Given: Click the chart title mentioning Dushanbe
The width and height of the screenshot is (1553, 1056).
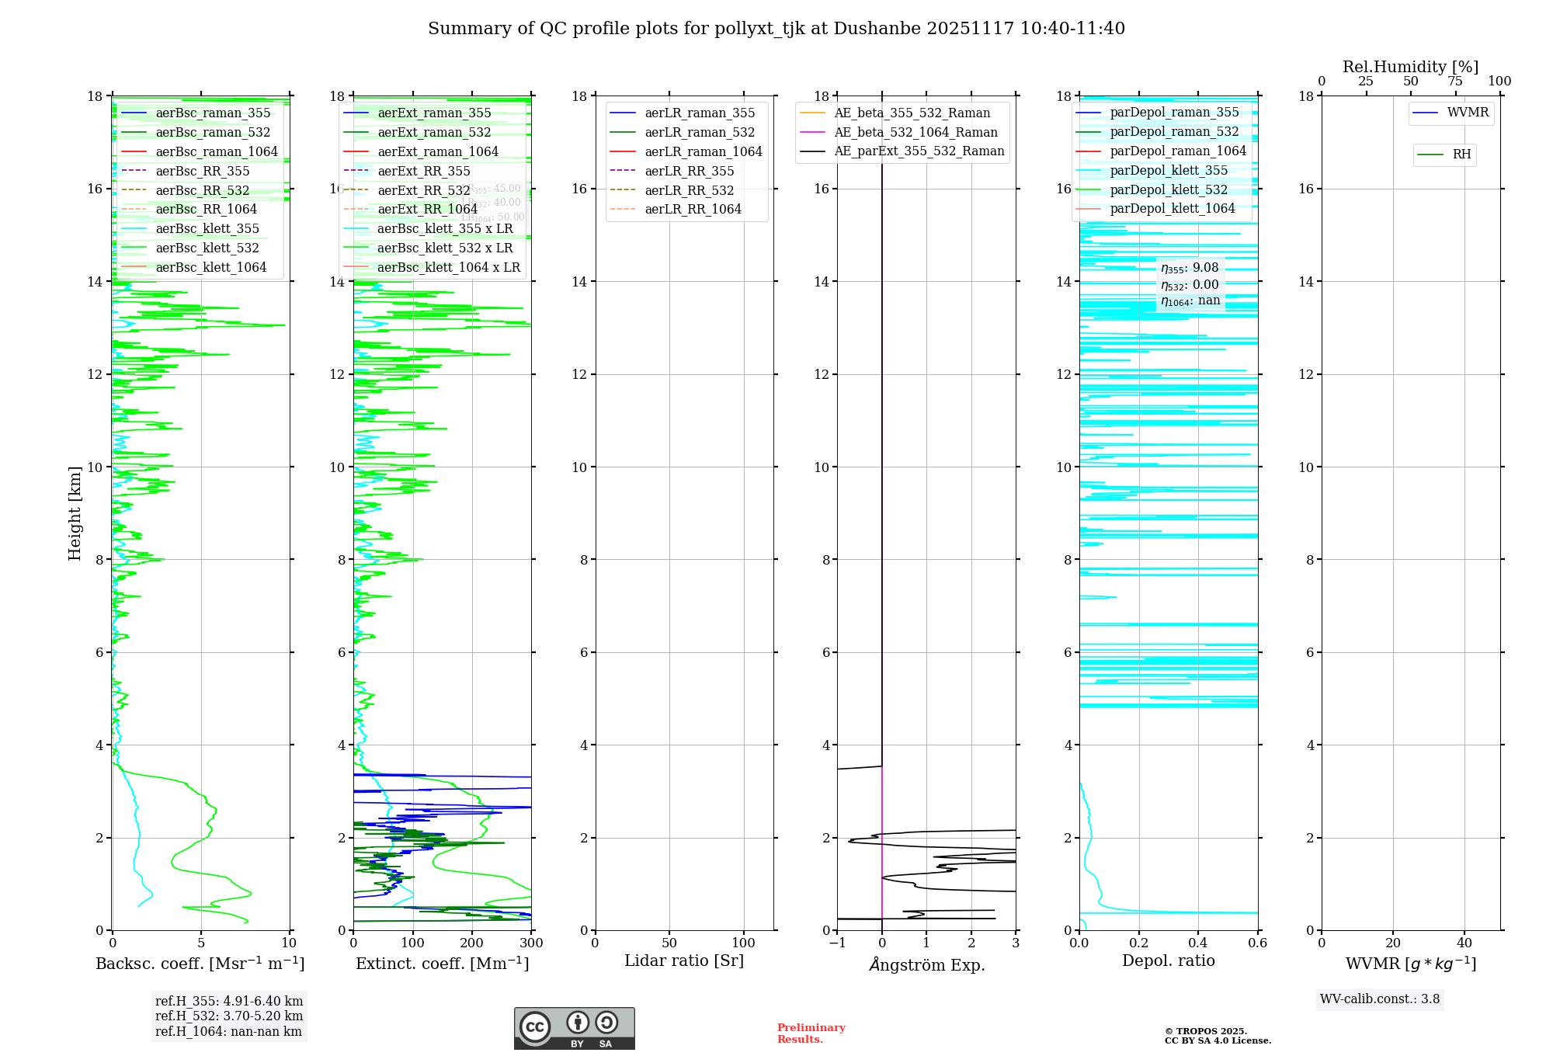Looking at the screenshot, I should pyautogui.click(x=776, y=29).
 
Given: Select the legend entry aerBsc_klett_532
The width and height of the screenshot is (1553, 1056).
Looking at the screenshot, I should pyautogui.click(x=207, y=248).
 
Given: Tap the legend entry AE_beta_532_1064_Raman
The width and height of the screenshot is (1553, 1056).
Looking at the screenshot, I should pyautogui.click(x=915, y=132).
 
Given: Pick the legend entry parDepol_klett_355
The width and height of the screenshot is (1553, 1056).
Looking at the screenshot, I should pyautogui.click(x=1169, y=170).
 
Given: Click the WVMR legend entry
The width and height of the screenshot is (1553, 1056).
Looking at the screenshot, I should pyautogui.click(x=1468, y=113).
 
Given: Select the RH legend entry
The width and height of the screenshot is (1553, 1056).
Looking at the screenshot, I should pyautogui.click(x=1461, y=155).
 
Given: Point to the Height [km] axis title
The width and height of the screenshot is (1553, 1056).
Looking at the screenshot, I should pyautogui.click(x=75, y=512).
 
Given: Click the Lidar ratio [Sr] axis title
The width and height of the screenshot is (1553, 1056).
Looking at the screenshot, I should pyautogui.click(x=683, y=960).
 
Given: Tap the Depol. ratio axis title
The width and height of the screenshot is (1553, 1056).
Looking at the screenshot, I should pyautogui.click(x=1168, y=960).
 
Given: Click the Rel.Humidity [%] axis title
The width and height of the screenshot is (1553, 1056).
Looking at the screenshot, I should pyautogui.click(x=1410, y=67).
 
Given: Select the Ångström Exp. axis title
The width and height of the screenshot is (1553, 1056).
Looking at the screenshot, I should pyautogui.click(x=926, y=964).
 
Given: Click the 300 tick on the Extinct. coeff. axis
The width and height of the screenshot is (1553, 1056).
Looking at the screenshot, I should pyautogui.click(x=531, y=943).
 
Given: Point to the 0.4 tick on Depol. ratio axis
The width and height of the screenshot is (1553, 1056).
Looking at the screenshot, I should pyautogui.click(x=1198, y=943).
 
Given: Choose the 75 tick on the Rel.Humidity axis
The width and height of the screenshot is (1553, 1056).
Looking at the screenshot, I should pyautogui.click(x=1455, y=81).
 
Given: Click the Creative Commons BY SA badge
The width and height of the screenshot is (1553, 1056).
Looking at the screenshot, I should pyautogui.click(x=574, y=1028).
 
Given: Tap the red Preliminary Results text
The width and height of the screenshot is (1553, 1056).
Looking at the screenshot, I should pyautogui.click(x=811, y=1033).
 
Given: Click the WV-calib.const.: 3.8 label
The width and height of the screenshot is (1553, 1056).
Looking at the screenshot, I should pyautogui.click(x=1380, y=999).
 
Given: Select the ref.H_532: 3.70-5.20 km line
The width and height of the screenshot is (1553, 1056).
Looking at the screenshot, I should pyautogui.click(x=229, y=1016).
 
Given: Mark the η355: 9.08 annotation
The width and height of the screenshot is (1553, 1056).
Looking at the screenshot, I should pyautogui.click(x=1190, y=268).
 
